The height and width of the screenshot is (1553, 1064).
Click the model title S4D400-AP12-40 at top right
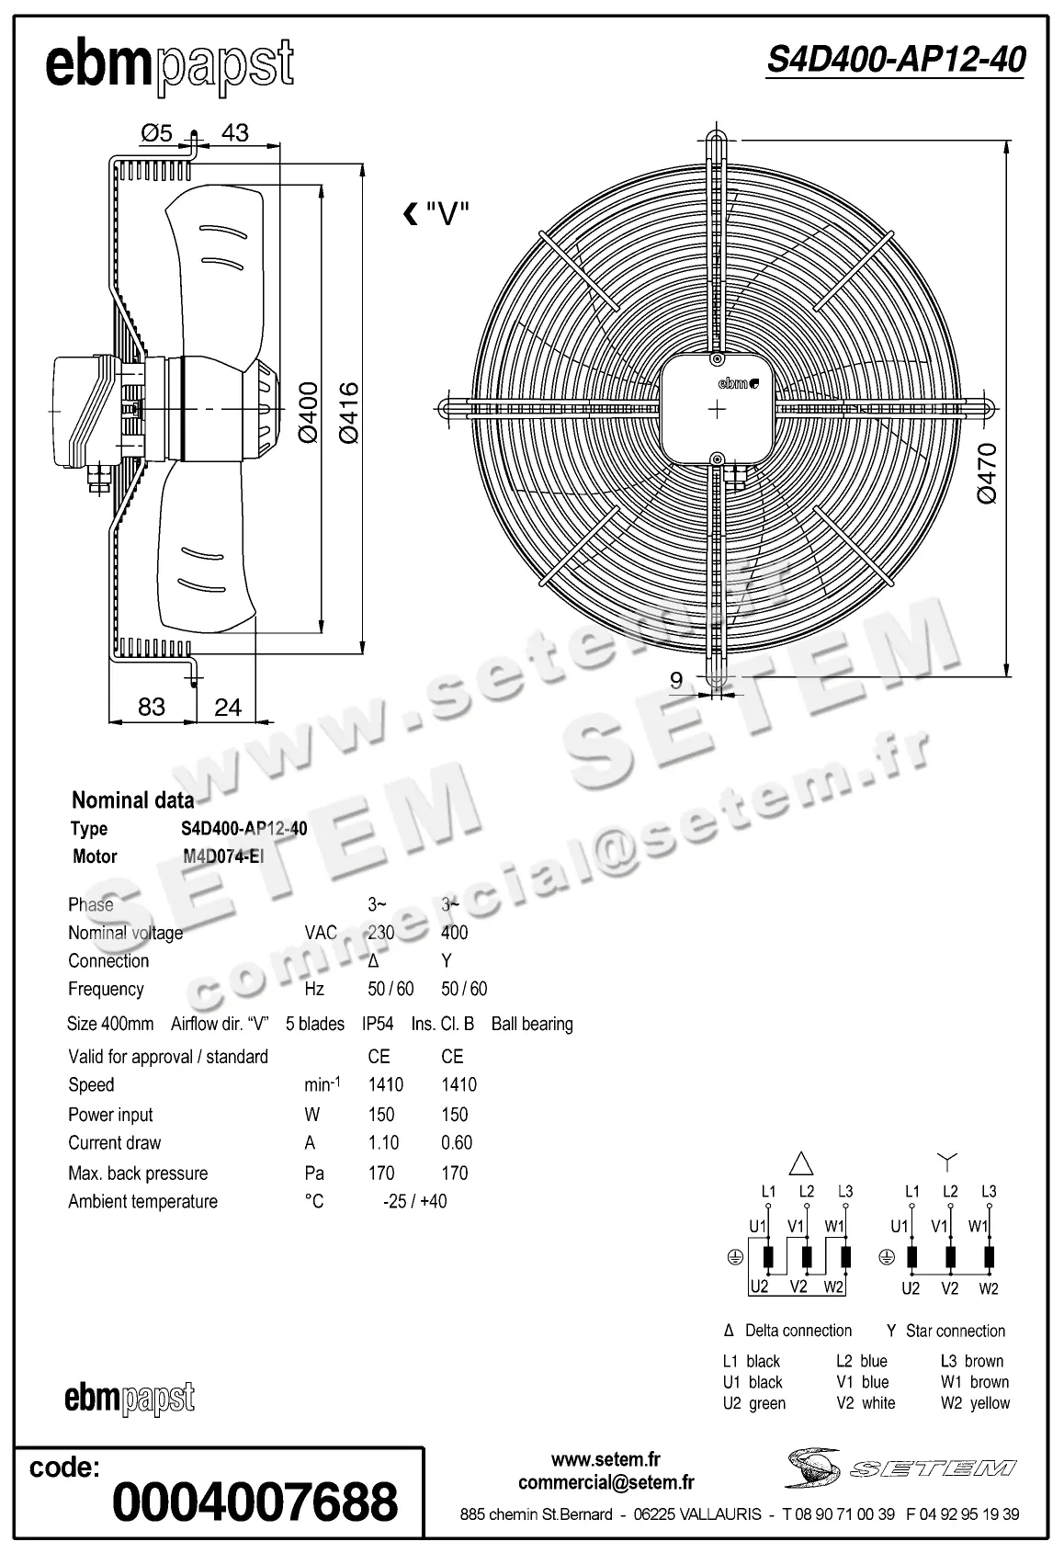(896, 61)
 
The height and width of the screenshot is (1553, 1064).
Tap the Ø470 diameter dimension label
(987, 472)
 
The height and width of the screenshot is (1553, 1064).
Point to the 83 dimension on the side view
(151, 706)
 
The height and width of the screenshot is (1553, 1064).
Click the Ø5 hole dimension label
(156, 133)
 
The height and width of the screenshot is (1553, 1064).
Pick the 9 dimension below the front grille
(676, 680)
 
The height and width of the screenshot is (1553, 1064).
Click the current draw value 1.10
(383, 1142)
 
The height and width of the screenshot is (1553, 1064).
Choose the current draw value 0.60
(457, 1142)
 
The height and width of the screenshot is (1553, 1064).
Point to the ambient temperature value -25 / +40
(414, 1201)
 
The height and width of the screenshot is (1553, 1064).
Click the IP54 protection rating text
(378, 1024)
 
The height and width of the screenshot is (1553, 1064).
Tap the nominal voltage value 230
(381, 933)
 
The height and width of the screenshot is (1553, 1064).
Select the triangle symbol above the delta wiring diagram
(802, 1164)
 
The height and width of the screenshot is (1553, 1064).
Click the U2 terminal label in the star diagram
(910, 1288)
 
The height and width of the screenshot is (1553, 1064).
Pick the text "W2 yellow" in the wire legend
(975, 1403)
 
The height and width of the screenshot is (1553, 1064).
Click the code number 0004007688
(255, 1502)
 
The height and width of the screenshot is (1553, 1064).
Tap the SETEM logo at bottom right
(900, 1467)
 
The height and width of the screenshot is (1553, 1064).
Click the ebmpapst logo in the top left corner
(169, 66)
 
